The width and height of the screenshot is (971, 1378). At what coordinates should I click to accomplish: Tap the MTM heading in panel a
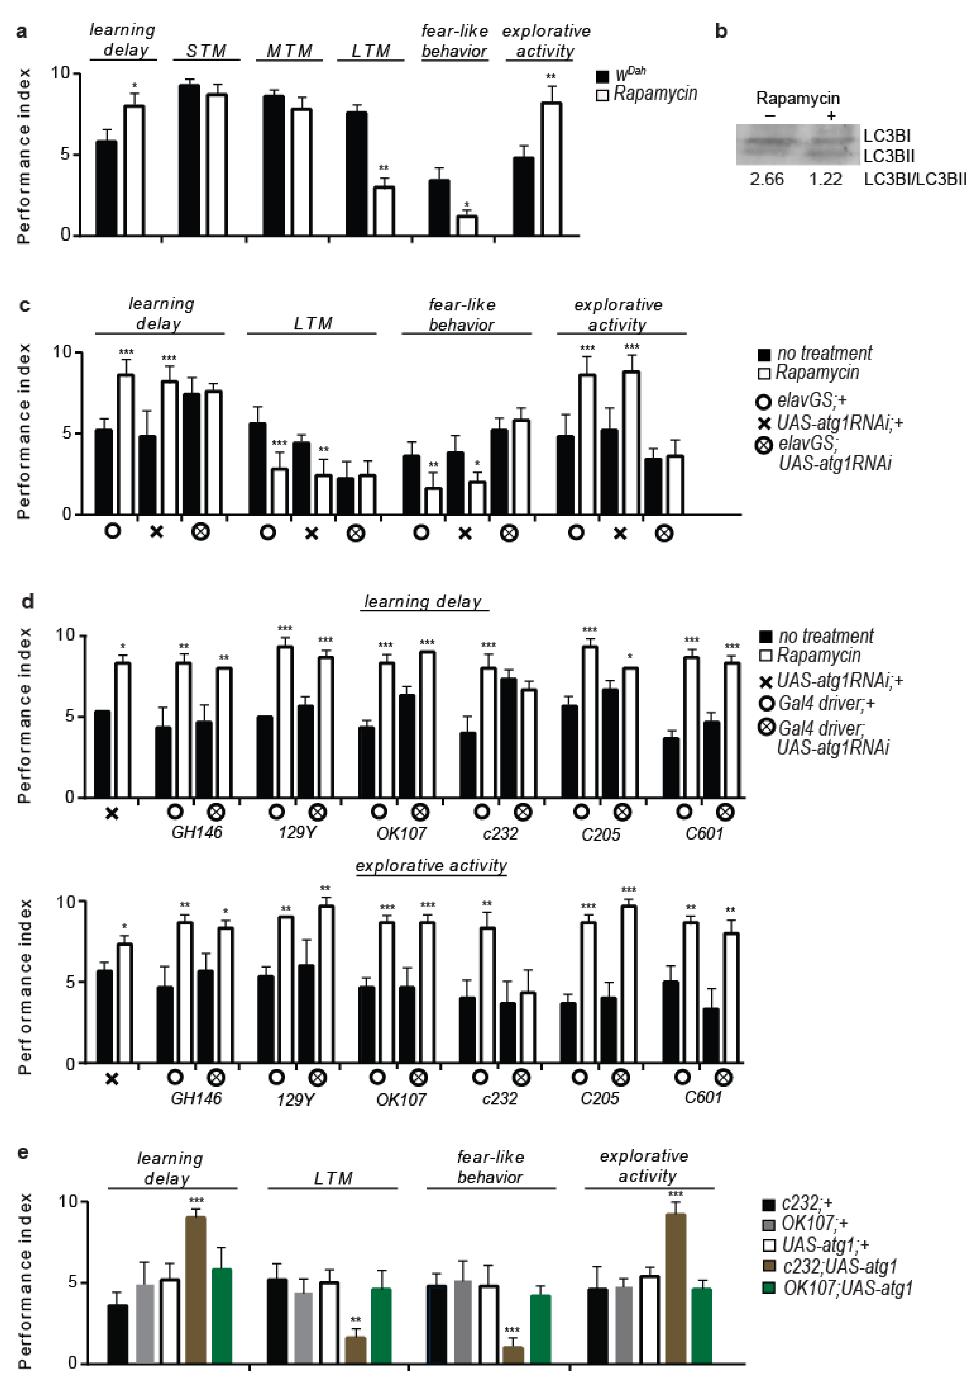pyautogui.click(x=290, y=51)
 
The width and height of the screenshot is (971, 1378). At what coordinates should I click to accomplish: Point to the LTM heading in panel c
pyautogui.click(x=312, y=324)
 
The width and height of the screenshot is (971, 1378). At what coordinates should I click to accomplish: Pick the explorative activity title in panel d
pyautogui.click(x=431, y=866)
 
